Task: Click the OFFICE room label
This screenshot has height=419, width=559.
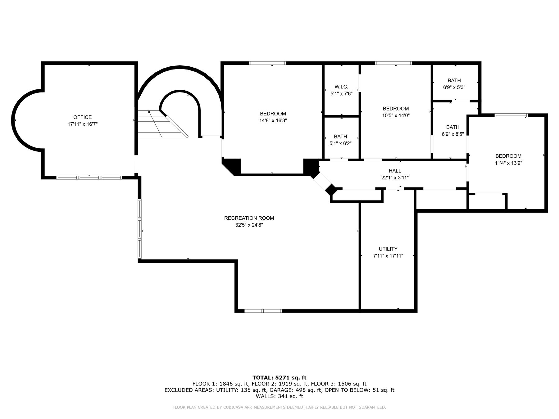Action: coord(82,117)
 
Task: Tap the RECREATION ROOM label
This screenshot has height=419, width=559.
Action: coord(249,218)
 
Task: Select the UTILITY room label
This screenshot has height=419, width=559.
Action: coord(388,249)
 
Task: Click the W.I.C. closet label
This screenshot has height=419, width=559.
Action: coord(341,87)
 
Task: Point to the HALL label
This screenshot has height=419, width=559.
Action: coord(395,171)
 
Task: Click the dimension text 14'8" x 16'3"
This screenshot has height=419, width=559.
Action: coord(273,120)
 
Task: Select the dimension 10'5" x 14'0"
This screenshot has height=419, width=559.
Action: coord(396,115)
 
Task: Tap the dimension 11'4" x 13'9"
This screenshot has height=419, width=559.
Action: coord(508,163)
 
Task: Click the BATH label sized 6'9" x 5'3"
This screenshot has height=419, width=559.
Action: coord(454,81)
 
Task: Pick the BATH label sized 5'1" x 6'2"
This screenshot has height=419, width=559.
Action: coord(340,137)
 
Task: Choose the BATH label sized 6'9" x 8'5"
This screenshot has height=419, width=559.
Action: coord(452,127)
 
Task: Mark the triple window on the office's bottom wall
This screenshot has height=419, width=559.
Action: coord(89,178)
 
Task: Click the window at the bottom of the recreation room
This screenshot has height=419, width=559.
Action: coord(263,311)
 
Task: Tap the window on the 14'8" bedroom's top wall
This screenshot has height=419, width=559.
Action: coord(267,63)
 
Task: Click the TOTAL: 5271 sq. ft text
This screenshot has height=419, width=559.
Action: coord(279,378)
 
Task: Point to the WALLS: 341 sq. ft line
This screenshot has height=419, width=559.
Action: coord(279,396)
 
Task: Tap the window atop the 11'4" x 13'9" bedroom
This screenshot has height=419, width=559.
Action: coord(511,115)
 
